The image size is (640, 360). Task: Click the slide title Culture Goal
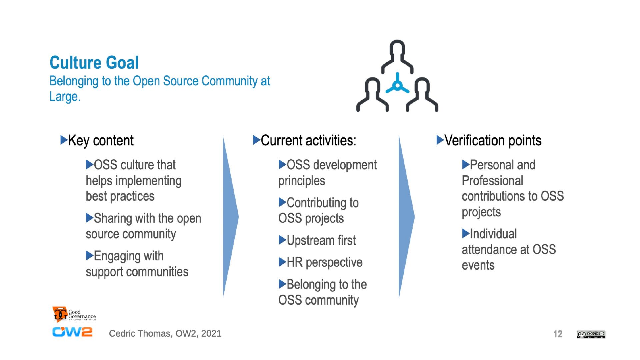pyautogui.click(x=94, y=62)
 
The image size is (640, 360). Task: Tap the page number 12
pyautogui.click(x=558, y=334)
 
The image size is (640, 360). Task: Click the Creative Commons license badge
pyautogui.click(x=591, y=334)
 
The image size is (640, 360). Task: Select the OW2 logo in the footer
pyautogui.click(x=72, y=332)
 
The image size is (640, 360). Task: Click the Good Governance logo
pyautogui.click(x=74, y=314)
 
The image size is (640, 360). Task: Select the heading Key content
pyautogui.click(x=101, y=140)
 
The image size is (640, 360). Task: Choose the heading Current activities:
pyautogui.click(x=308, y=140)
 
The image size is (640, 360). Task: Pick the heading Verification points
pyautogui.click(x=493, y=140)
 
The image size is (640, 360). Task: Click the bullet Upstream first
pyautogui.click(x=321, y=240)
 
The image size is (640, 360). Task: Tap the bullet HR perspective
pyautogui.click(x=324, y=262)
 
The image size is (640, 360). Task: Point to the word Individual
pyautogui.click(x=493, y=234)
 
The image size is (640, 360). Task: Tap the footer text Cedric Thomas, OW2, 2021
pyautogui.click(x=165, y=333)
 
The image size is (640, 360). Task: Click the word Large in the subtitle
pyautogui.click(x=64, y=97)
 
